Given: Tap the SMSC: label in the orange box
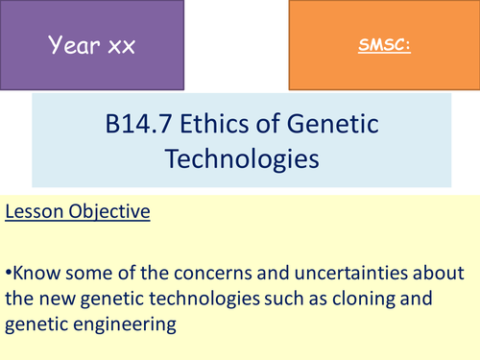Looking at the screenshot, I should pos(383,45).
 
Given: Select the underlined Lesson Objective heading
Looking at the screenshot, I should pos(78,212).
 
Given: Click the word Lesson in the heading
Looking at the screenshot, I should pos(36,212).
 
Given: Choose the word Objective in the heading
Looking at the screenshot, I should pos(109,212).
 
